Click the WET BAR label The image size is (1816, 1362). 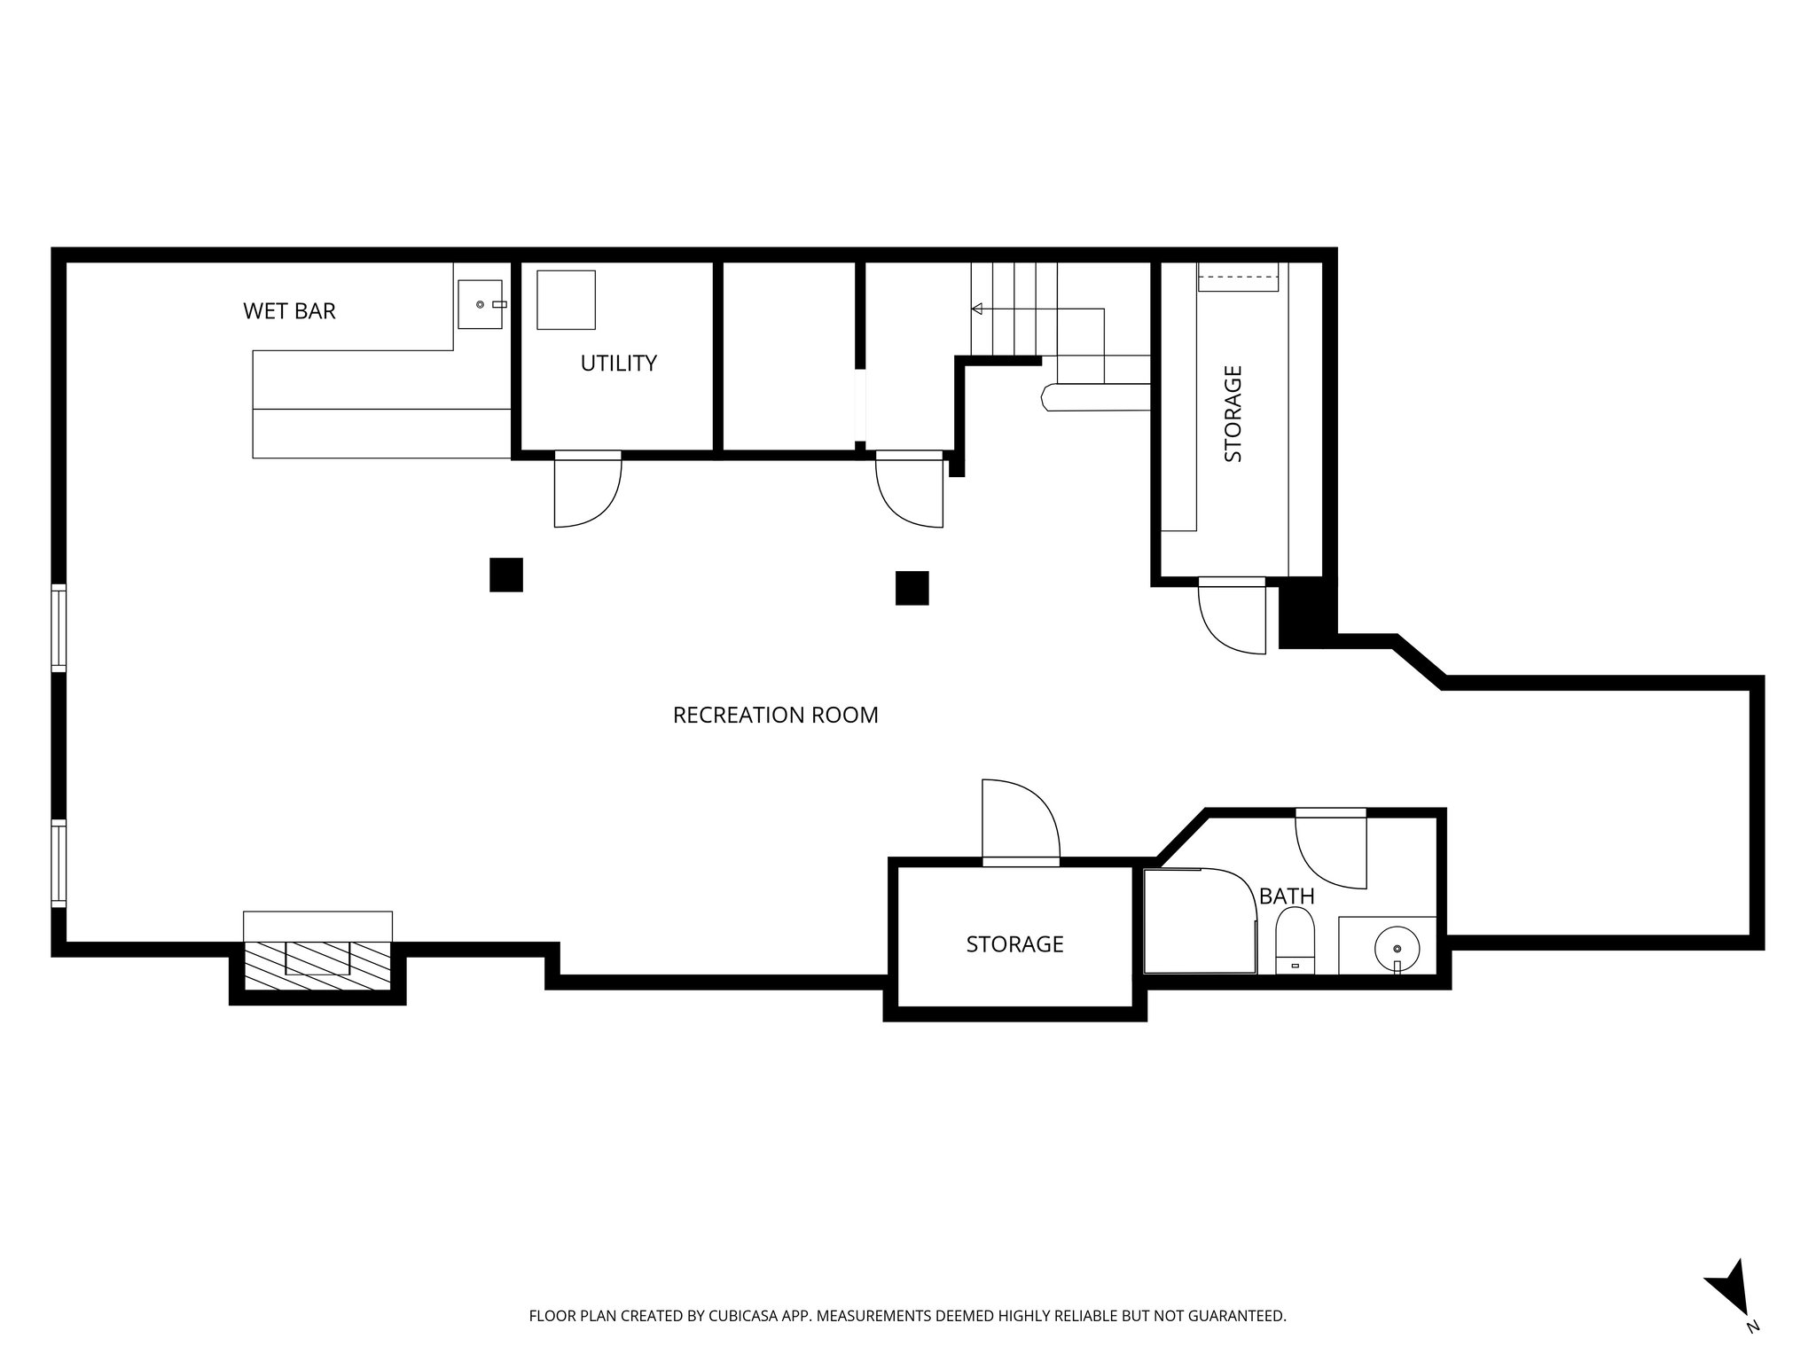pos(289,311)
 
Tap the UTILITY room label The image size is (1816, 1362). pos(618,364)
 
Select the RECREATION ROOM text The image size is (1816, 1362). pos(775,716)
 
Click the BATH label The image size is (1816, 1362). pos(1286,896)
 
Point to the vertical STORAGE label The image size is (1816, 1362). pos(1233,414)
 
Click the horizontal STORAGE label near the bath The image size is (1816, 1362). pos(1014,944)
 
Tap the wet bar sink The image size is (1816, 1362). pos(480,304)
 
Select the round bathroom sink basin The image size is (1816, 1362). pos(1397,947)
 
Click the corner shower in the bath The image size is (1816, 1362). pos(1197,922)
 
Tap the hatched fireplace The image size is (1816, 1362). pos(317,967)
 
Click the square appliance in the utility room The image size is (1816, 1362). pos(566,300)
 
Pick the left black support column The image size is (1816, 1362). pos(506,575)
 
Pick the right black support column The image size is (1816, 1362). pos(912,588)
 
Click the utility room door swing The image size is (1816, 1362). pos(585,492)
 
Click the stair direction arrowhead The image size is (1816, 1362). pos(977,309)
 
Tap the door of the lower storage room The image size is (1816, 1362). pos(1020,820)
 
